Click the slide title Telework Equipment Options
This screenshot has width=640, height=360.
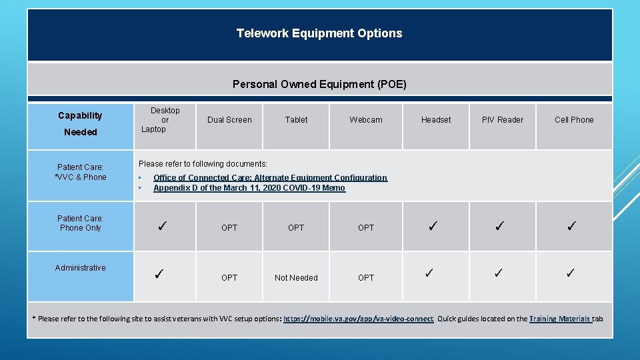319,33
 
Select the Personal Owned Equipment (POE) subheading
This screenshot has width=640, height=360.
319,84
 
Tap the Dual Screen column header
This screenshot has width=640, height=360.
229,120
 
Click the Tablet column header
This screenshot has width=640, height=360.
296,120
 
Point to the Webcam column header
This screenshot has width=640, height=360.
366,120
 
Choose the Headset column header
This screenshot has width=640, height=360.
436,120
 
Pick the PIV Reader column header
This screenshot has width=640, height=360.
503,120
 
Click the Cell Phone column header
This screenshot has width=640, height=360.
574,120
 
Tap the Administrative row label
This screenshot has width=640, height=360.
80,268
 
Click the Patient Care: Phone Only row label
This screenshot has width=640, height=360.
80,223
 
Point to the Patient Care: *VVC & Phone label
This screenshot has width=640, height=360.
80,172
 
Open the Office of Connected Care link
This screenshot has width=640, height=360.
270,178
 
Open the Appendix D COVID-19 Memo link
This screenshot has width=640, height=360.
249,188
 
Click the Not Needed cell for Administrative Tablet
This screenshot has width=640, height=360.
296,278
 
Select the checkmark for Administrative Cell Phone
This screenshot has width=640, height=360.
571,273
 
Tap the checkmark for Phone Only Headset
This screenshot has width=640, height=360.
433,227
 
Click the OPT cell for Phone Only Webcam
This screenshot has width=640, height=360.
366,228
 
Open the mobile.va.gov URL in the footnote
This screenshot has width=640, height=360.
358,319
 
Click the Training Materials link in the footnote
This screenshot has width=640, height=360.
559,319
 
